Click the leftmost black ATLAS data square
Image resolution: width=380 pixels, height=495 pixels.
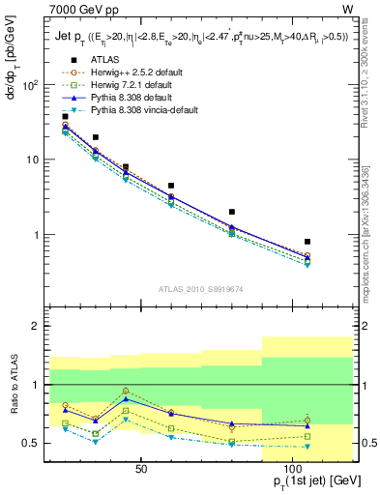[65, 117]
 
